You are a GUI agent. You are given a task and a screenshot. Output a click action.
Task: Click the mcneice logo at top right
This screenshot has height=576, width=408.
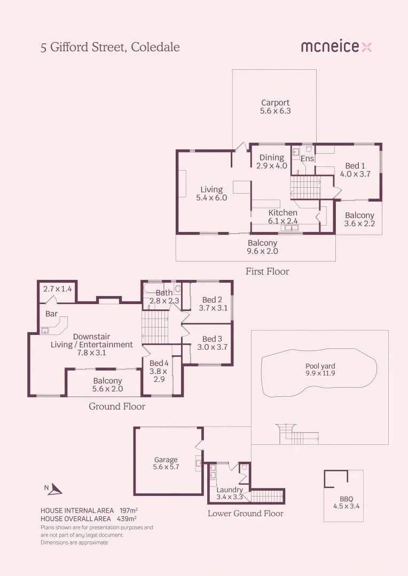pyautogui.click(x=336, y=47)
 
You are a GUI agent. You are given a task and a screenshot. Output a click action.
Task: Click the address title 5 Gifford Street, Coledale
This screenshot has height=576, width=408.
pyautogui.click(x=110, y=47)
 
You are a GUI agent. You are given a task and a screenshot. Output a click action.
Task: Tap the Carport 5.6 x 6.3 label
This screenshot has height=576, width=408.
pyautogui.click(x=275, y=107)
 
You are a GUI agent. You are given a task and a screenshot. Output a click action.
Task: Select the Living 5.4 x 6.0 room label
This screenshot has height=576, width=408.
pyautogui.click(x=211, y=194)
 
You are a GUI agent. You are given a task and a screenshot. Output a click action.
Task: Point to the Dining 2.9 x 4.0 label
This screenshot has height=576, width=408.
pyautogui.click(x=272, y=162)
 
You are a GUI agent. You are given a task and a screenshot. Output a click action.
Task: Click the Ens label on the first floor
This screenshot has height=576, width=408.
pyautogui.click(x=308, y=159)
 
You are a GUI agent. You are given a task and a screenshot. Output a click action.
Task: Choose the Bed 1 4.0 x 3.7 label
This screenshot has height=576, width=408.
pyautogui.click(x=355, y=170)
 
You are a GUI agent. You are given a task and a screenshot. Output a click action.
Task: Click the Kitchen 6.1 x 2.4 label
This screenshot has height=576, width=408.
pyautogui.click(x=283, y=217)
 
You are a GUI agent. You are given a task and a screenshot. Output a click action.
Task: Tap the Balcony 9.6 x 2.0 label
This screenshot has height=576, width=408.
pyautogui.click(x=262, y=247)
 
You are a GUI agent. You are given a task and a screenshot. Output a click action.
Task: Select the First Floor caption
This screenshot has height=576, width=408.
pyautogui.click(x=267, y=271)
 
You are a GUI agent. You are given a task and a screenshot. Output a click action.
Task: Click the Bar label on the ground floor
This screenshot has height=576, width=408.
pyautogui.click(x=51, y=314)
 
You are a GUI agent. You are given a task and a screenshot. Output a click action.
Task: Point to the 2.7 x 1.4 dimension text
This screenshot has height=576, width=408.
pyautogui.click(x=58, y=289)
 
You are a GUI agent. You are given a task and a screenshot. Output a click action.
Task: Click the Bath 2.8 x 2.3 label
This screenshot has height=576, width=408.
pyautogui.click(x=164, y=297)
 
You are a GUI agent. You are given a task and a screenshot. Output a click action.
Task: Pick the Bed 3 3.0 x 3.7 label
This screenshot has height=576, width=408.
pyautogui.click(x=212, y=343)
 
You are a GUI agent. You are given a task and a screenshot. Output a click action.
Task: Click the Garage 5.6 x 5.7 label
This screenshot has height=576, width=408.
pyautogui.click(x=166, y=463)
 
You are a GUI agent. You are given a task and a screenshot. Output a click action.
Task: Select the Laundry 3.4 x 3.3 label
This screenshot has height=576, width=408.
pyautogui.click(x=230, y=493)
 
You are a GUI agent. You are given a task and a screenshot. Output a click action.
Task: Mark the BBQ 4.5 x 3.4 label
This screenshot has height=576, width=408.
pyautogui.click(x=346, y=502)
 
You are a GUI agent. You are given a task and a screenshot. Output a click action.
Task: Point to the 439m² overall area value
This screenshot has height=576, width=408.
pyautogui.click(x=127, y=518)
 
